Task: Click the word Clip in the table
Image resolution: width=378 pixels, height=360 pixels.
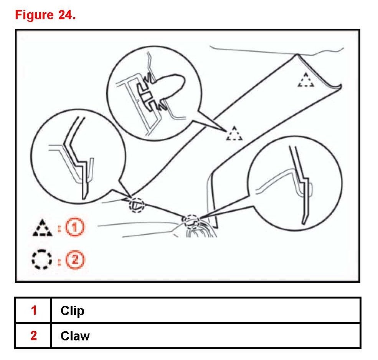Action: [72, 310]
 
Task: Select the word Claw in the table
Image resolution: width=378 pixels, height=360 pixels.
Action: [75, 336]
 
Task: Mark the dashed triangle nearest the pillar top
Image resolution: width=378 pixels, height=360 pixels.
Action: [306, 80]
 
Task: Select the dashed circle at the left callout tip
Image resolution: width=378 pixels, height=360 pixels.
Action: [137, 204]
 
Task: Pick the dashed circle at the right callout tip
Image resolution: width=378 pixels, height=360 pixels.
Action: [192, 221]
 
